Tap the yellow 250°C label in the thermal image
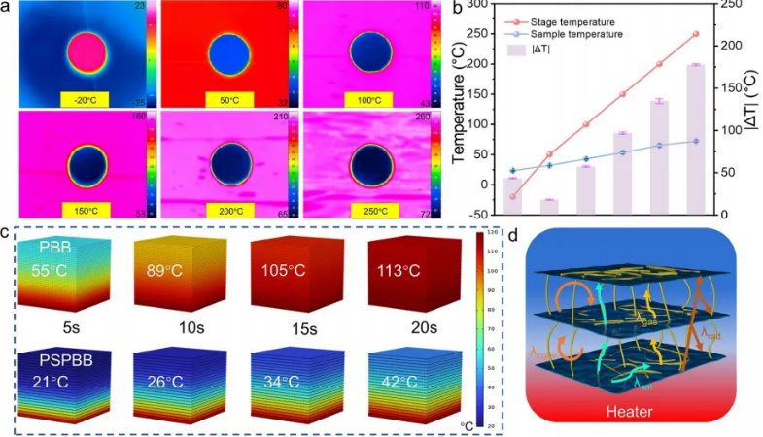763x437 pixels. [x=367, y=208]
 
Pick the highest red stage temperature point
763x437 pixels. [x=695, y=34]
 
